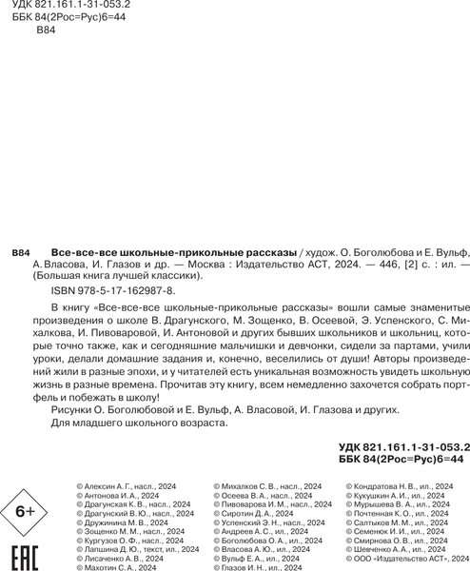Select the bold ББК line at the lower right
tap(400, 458)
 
